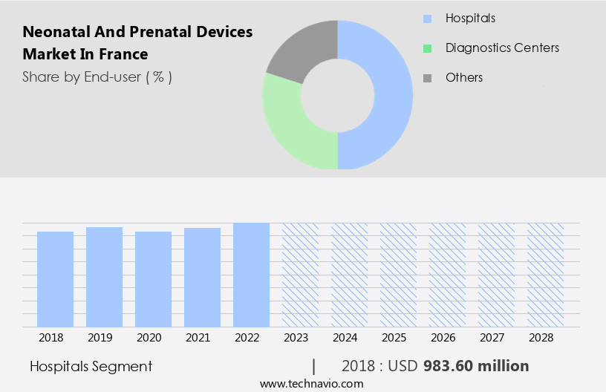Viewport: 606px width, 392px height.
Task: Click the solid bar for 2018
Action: tap(55, 279)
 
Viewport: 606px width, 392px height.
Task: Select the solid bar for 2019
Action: tap(104, 277)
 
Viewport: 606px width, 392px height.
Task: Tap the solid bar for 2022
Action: tap(251, 275)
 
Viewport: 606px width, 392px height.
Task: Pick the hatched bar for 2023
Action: tap(300, 275)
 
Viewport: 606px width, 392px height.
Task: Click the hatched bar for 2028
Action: tap(545, 275)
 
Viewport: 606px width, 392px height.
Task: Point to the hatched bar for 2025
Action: tap(398, 275)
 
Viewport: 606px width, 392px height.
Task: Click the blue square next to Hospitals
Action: tap(427, 19)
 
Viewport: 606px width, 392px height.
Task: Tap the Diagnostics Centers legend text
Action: tap(502, 48)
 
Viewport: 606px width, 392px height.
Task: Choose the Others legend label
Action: tap(464, 78)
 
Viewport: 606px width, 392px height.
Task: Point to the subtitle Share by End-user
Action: tap(97, 76)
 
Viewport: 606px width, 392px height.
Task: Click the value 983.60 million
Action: tap(476, 366)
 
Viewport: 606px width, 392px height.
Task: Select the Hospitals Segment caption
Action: tap(91, 366)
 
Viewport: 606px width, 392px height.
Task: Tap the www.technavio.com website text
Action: tap(311, 383)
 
